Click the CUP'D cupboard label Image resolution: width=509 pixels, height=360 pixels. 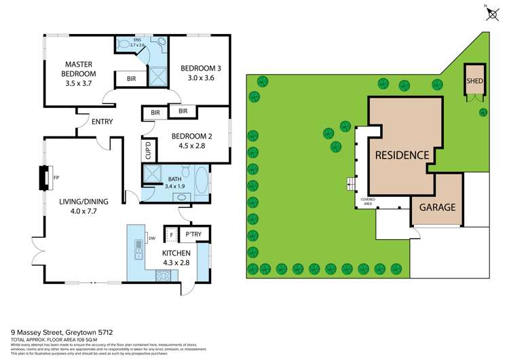pyautogui.click(x=147, y=149)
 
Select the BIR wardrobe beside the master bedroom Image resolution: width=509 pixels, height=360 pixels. pyautogui.click(x=130, y=79)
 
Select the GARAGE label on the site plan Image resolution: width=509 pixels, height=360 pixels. pyautogui.click(x=438, y=207)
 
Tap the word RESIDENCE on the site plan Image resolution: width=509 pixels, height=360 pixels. pyautogui.click(x=402, y=155)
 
